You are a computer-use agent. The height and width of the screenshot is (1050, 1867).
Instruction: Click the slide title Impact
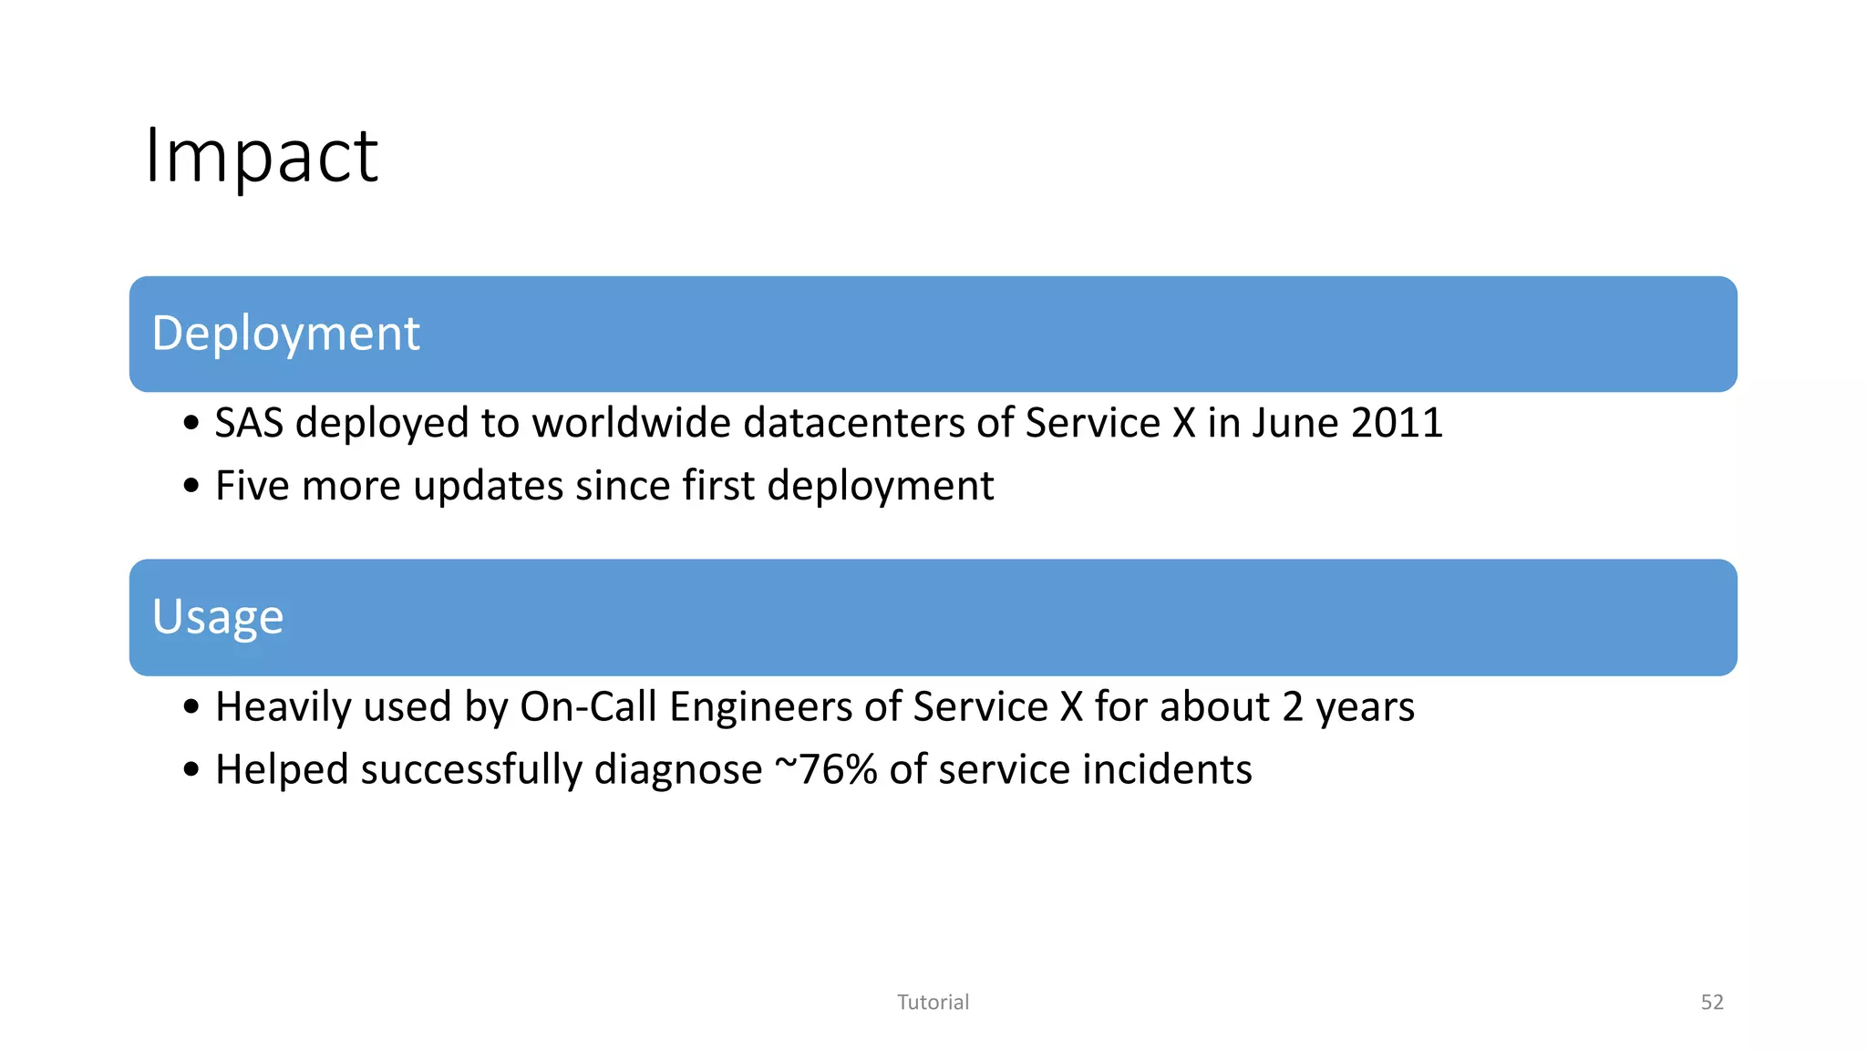tap(262, 156)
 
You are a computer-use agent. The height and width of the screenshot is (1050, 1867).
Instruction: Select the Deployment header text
tap(285, 333)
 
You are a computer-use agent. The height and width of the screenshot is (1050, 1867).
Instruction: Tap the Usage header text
tap(218, 617)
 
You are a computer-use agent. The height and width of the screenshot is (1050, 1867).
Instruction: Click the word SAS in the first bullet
tap(249, 423)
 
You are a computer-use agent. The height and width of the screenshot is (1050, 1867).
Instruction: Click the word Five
tap(253, 486)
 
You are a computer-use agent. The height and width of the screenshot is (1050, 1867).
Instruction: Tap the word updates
tap(488, 486)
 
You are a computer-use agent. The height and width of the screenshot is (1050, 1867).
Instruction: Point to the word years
tap(1365, 707)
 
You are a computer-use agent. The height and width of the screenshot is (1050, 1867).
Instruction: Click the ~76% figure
tap(826, 769)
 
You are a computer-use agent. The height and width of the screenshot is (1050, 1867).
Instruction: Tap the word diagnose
tap(678, 771)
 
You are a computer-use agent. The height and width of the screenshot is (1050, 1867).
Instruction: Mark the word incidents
tap(1167, 769)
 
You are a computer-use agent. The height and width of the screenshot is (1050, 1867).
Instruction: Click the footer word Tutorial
tap(933, 1003)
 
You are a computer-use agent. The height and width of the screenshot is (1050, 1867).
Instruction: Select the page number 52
tap(1712, 1003)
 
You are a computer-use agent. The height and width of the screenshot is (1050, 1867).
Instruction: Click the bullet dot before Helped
tap(191, 769)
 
